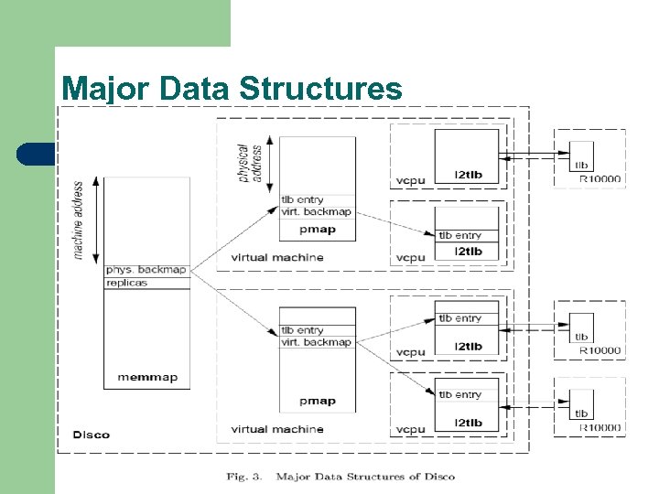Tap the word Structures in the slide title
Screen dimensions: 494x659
click(319, 89)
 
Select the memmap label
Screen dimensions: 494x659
click(147, 378)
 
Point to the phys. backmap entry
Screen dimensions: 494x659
click(146, 270)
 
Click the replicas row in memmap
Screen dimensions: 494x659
click(126, 283)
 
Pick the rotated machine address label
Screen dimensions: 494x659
click(79, 219)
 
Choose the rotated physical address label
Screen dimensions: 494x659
click(249, 162)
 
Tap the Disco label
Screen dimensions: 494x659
click(92, 435)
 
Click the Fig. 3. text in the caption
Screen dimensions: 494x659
click(245, 477)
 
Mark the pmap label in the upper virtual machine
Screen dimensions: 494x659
click(317, 230)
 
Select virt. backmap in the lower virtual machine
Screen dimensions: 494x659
click(316, 342)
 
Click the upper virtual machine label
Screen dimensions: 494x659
click(277, 257)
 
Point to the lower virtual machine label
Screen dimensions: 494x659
click(277, 429)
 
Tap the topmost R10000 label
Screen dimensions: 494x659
click(600, 180)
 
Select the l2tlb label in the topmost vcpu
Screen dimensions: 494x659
click(468, 175)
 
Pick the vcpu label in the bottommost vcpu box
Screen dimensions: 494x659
click(411, 429)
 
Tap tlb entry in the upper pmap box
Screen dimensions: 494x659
click(302, 199)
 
